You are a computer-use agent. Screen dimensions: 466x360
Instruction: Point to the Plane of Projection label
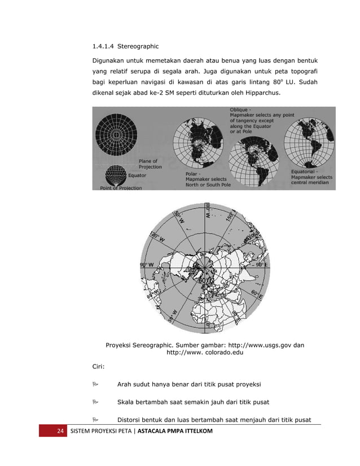(x=150, y=164)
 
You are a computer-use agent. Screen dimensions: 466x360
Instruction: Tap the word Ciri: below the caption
(x=99, y=367)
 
